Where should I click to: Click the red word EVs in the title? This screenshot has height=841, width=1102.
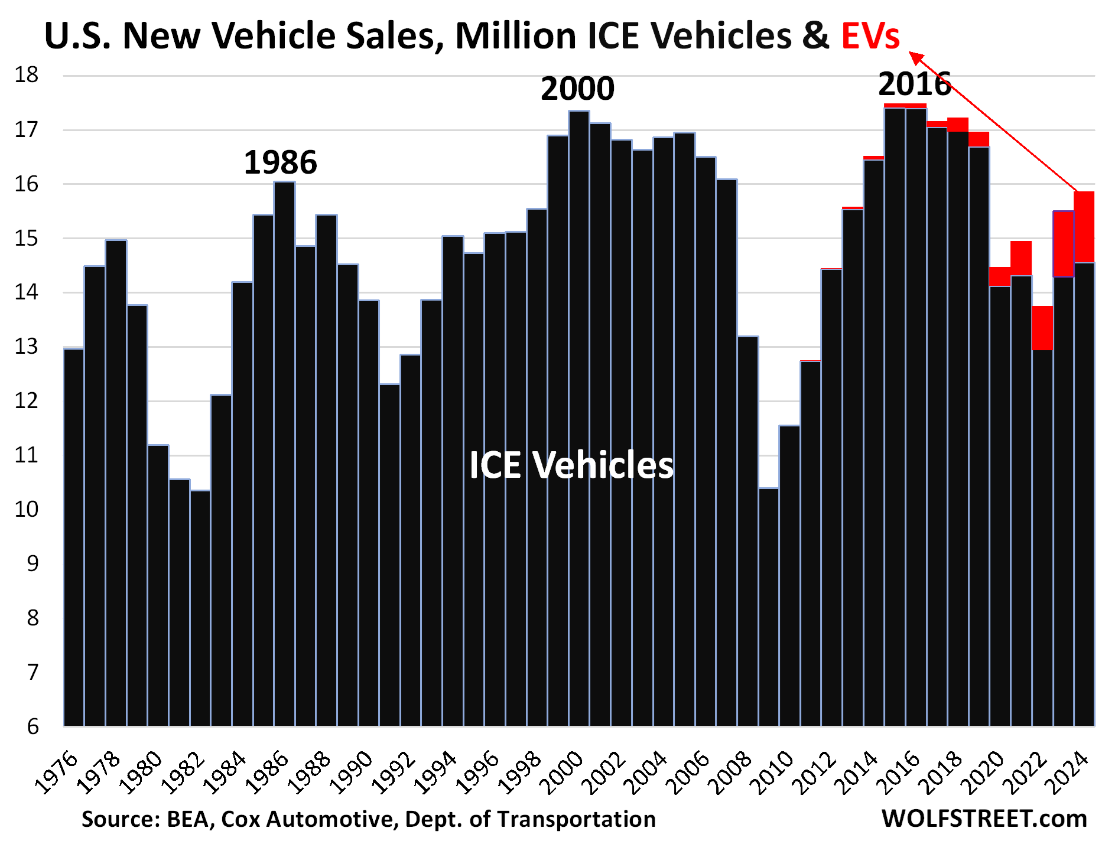pyautogui.click(x=870, y=35)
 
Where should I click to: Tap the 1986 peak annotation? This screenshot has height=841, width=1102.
pyautogui.click(x=280, y=162)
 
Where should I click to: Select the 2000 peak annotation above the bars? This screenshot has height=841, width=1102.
pyautogui.click(x=577, y=89)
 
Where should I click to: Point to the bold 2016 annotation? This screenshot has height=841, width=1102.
pyautogui.click(x=914, y=84)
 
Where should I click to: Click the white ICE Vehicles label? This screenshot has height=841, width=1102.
pyautogui.click(x=571, y=465)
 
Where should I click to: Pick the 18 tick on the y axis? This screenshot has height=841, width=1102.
pyautogui.click(x=27, y=75)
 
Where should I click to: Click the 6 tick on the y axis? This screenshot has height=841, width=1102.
pyautogui.click(x=32, y=726)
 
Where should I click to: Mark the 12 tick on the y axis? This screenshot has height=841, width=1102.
pyautogui.click(x=27, y=401)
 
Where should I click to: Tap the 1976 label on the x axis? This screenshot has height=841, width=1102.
pyautogui.click(x=57, y=772)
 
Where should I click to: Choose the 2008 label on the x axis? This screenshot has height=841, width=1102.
pyautogui.click(x=731, y=772)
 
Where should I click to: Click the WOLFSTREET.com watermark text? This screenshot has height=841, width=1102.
pyautogui.click(x=984, y=819)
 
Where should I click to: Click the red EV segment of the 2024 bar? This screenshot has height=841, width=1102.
pyautogui.click(x=1084, y=227)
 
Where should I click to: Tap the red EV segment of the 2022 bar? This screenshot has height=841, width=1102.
pyautogui.click(x=1042, y=328)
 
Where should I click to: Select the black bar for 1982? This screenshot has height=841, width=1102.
pyautogui.click(x=200, y=608)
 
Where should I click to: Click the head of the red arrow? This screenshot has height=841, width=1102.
pyautogui.click(x=915, y=57)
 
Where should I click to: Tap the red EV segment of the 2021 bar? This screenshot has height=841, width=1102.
pyautogui.click(x=1021, y=258)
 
